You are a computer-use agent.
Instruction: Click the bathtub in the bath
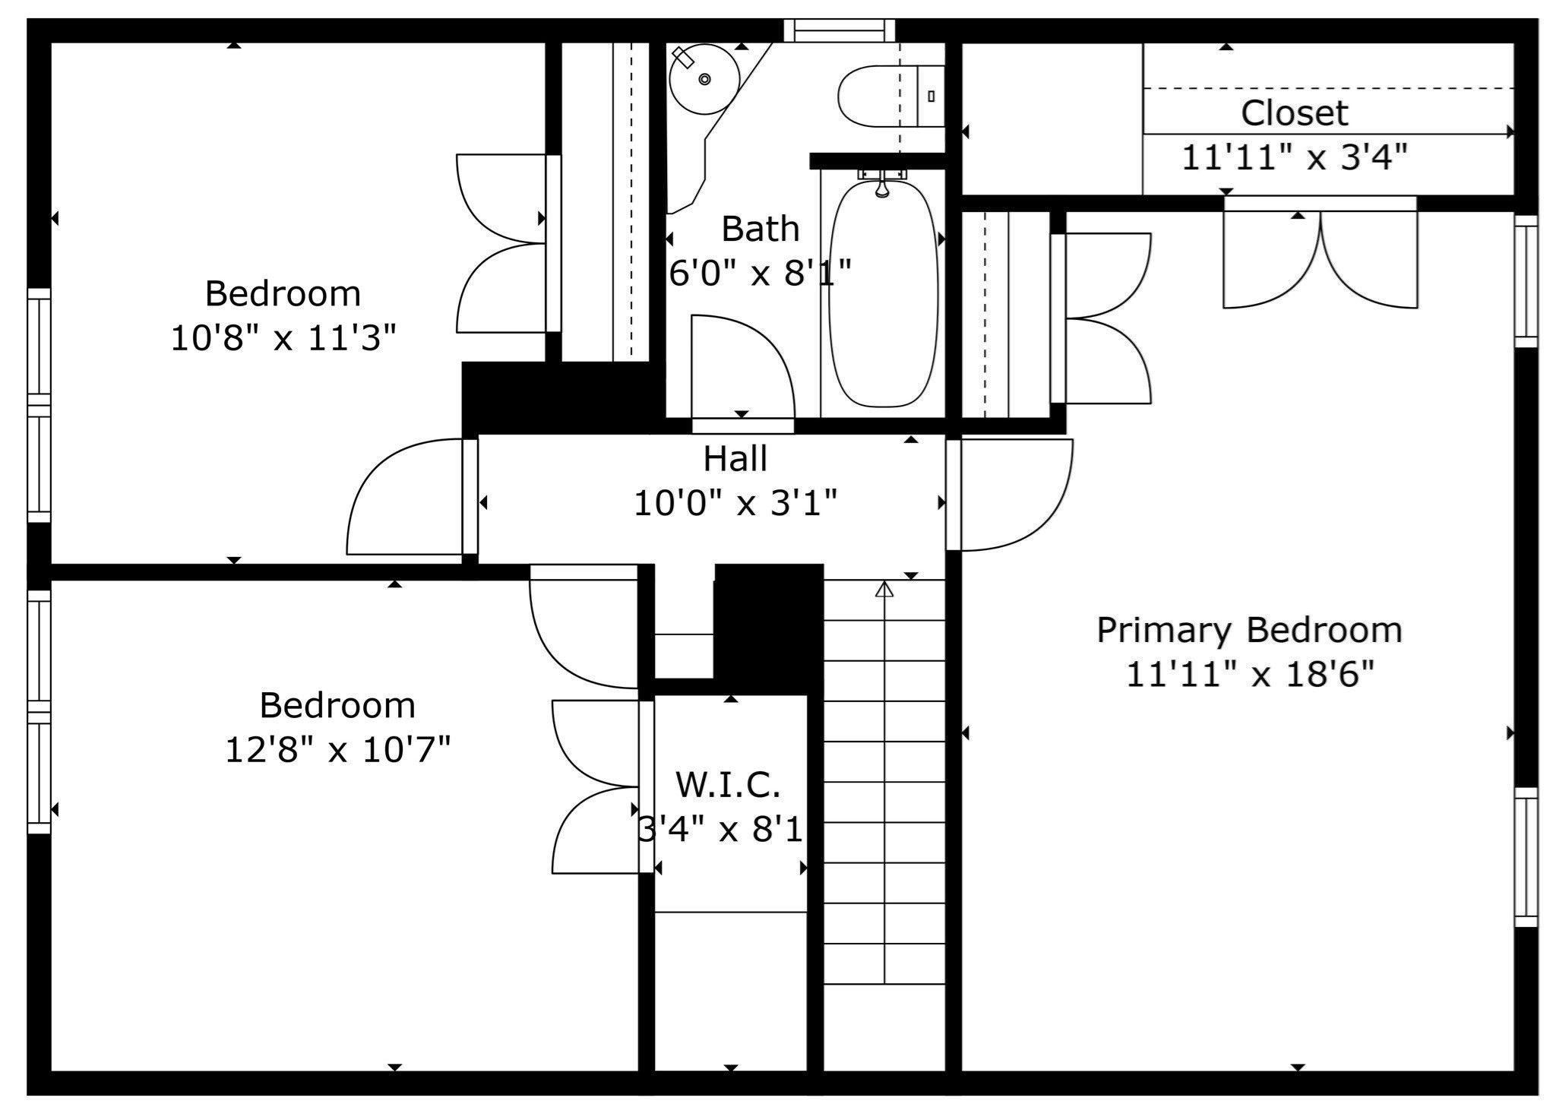click(x=883, y=296)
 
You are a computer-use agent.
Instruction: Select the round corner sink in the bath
click(x=704, y=79)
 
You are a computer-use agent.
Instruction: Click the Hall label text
click(x=735, y=458)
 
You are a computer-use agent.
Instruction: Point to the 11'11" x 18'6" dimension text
click(x=1249, y=674)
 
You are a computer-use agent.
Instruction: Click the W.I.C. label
click(x=728, y=784)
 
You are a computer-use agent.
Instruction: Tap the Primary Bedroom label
click(x=1249, y=630)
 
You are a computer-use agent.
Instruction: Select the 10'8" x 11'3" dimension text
click(x=283, y=338)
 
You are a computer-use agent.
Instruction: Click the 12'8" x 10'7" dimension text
click(x=338, y=750)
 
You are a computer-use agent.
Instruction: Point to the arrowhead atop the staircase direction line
click(x=884, y=589)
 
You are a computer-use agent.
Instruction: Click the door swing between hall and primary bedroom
click(x=1014, y=494)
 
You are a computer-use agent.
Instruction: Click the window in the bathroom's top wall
click(x=839, y=30)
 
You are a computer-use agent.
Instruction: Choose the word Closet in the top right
click(x=1294, y=113)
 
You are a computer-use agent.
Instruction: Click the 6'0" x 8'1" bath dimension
click(x=760, y=273)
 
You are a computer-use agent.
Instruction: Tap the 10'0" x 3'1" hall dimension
click(x=735, y=503)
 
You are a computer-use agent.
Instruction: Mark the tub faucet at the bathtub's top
click(x=881, y=185)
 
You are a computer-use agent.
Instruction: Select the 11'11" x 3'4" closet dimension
click(x=1294, y=158)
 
